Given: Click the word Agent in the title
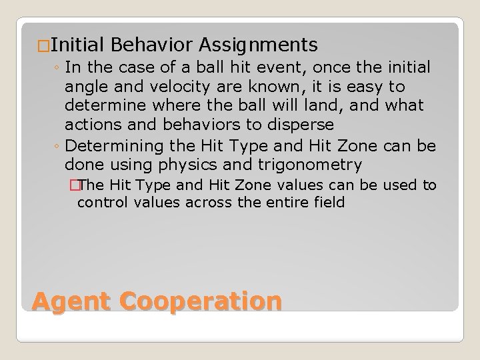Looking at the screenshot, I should (72, 301).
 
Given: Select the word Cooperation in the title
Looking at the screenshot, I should (201, 301).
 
